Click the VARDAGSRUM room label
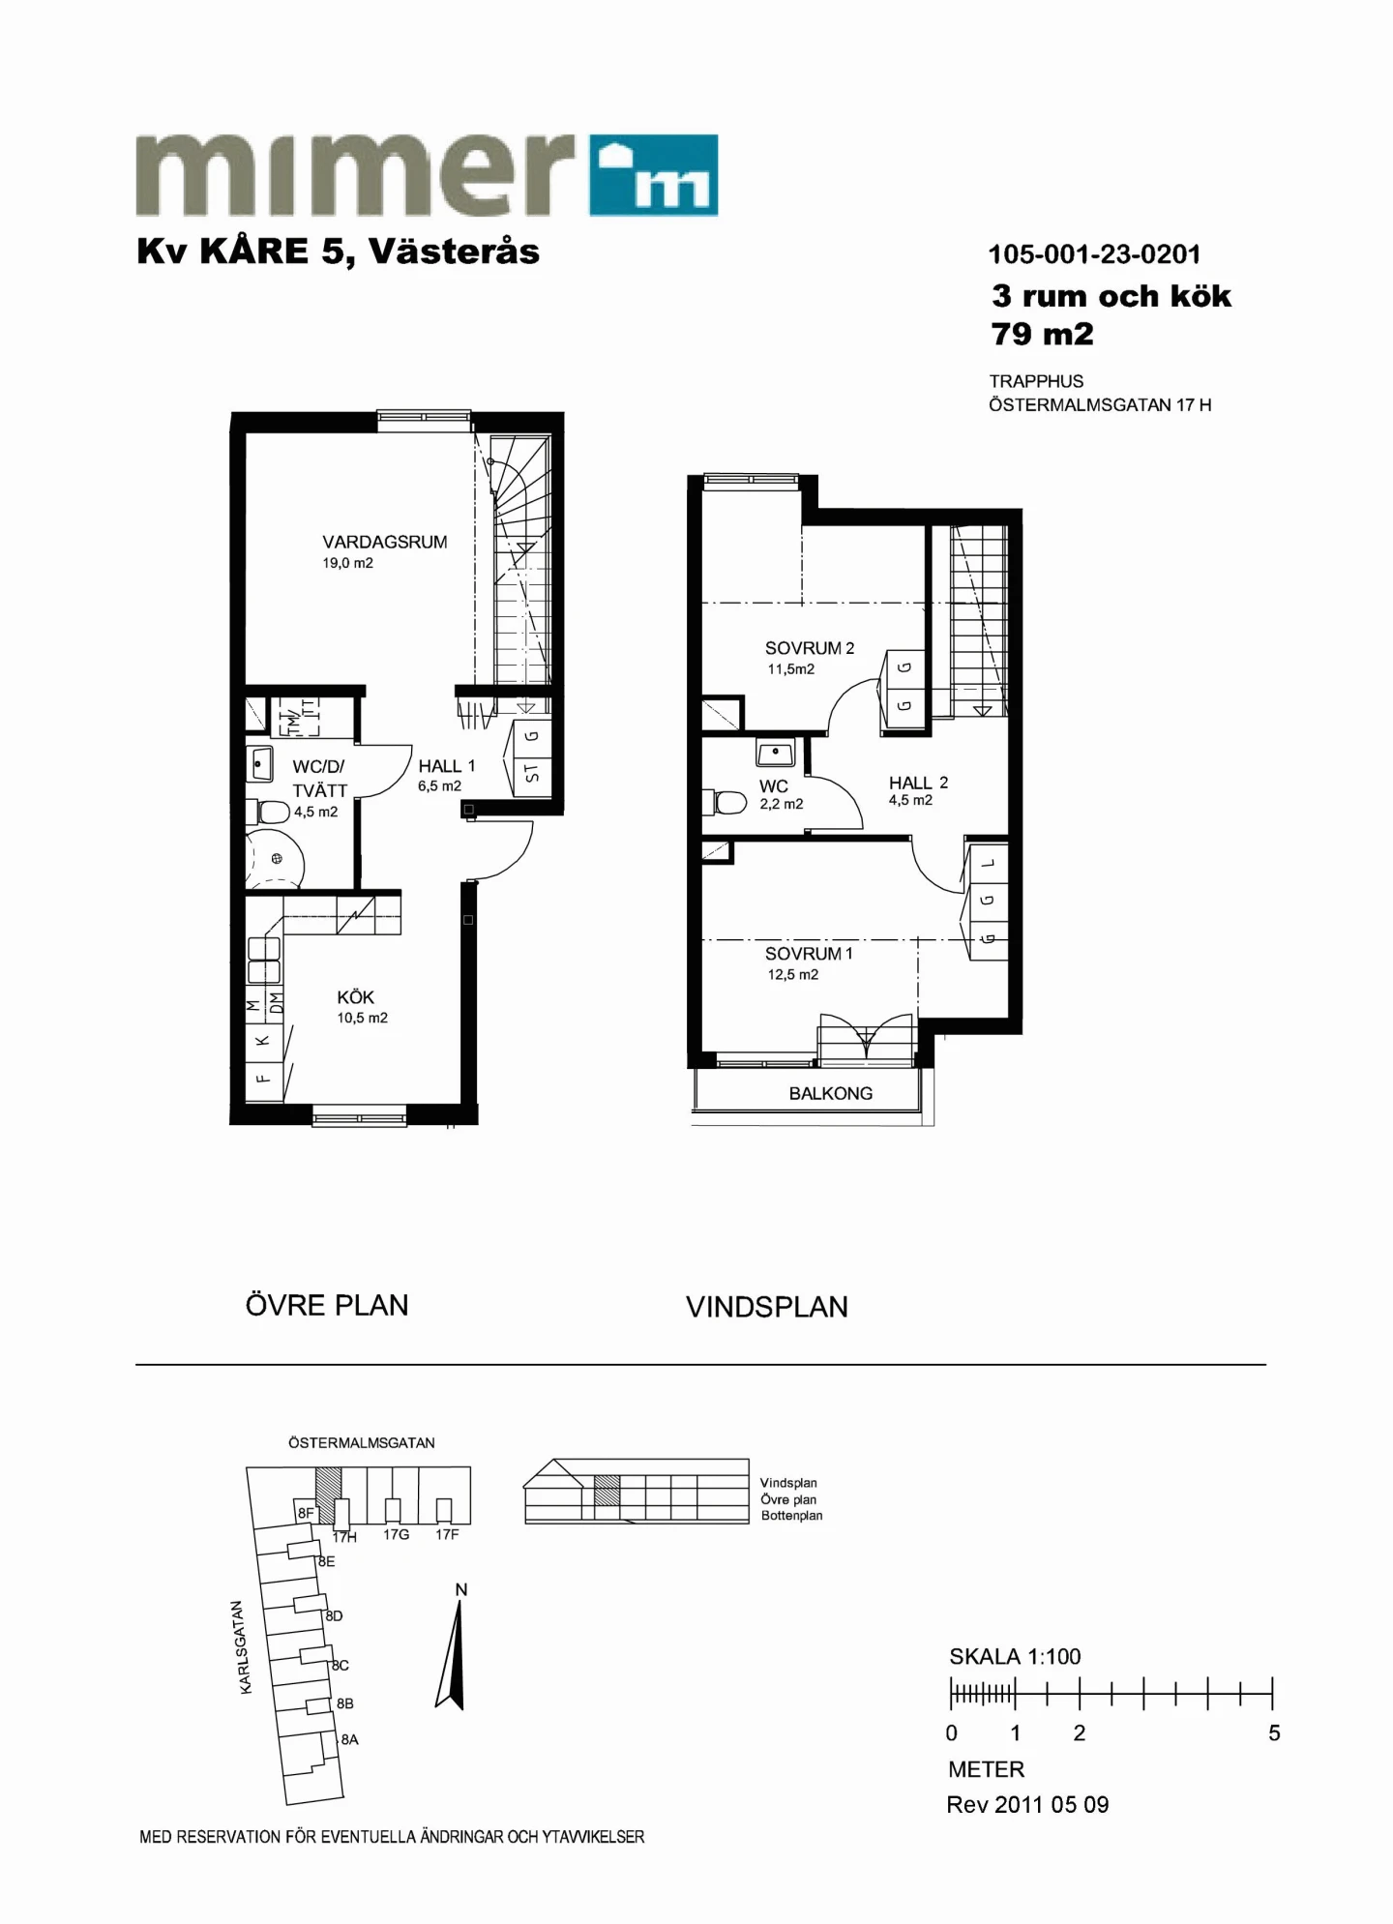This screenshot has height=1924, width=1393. pos(385,542)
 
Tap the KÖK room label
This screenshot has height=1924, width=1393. pos(355,997)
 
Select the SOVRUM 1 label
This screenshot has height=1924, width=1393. pos(809,954)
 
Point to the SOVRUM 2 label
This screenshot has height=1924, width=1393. pos(810,648)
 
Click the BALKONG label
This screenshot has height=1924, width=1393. pos(831,1093)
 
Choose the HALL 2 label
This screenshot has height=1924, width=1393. pos(918,783)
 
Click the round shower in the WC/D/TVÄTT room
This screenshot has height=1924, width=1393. pos(275,859)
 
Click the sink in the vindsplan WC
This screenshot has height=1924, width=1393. pos(776,753)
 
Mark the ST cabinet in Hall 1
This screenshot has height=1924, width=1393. pos(531,773)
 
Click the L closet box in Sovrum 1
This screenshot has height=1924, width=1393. pos(987,864)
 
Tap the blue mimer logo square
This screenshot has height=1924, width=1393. pos(654,175)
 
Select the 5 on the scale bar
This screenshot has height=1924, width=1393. pos(1274,1733)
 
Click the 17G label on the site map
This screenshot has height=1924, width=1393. pos(396,1534)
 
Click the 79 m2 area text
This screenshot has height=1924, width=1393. pos(1043,334)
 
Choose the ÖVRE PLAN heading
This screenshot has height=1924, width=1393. pos(327,1305)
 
